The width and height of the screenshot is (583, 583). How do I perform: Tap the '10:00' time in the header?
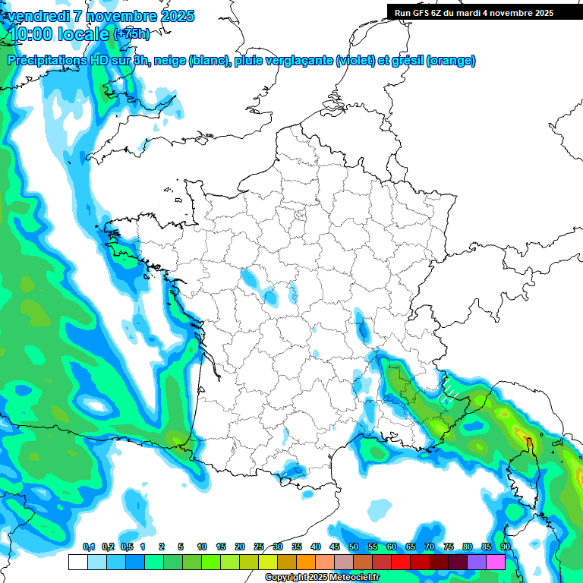pyautogui.click(x=33, y=33)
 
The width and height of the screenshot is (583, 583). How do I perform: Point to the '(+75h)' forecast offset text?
pyautogui.click(x=131, y=33)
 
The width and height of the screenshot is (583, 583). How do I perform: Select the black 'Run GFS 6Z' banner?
pyautogui.click(x=484, y=12)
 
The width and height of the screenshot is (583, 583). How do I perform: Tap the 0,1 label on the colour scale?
pyautogui.click(x=88, y=547)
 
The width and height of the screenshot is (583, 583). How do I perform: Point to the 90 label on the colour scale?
pyautogui.click(x=505, y=547)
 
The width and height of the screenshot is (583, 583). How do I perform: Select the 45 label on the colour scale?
pyautogui.click(x=335, y=547)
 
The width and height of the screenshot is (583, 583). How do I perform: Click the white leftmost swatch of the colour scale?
pyautogui.click(x=77, y=562)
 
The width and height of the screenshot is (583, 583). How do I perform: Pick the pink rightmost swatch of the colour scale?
pyautogui.click(x=496, y=562)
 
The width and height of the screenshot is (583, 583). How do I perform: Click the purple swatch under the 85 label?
pyautogui.click(x=477, y=562)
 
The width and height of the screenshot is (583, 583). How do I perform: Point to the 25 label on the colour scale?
pyautogui.click(x=259, y=547)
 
